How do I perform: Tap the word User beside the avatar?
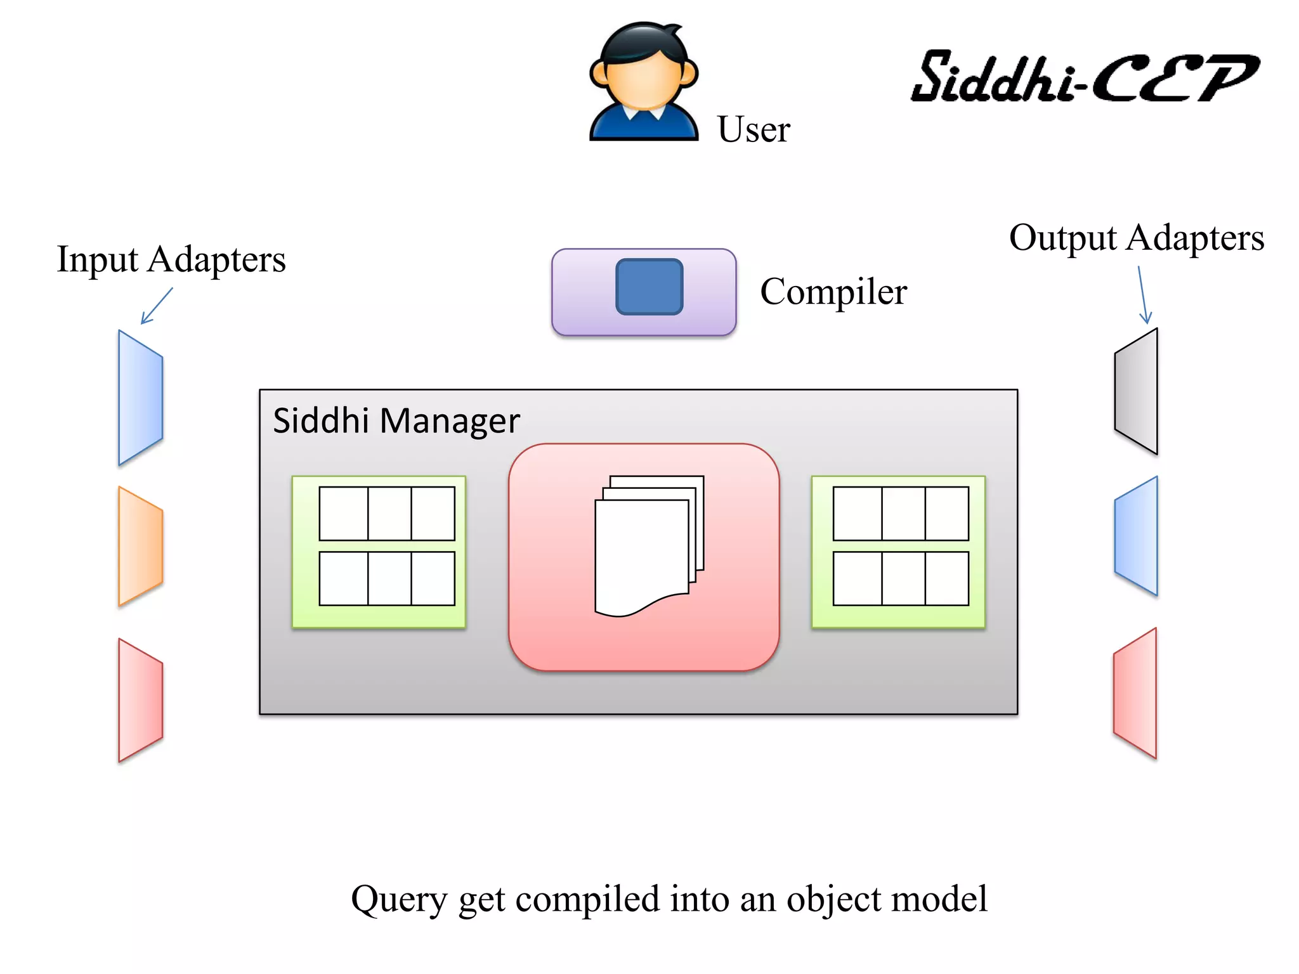tap(753, 129)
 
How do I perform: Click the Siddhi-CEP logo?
tap(1085, 77)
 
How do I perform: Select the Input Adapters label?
tap(171, 259)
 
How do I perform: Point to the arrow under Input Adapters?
tap(156, 306)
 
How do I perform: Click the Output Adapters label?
tap(1136, 238)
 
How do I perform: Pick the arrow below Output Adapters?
tap(1143, 295)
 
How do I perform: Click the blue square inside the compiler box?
tap(649, 287)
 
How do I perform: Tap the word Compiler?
tap(833, 292)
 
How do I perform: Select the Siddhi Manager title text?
tap(396, 421)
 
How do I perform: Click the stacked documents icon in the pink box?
tap(648, 545)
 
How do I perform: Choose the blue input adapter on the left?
tap(140, 398)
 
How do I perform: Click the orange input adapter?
tap(140, 546)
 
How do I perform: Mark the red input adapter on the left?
tap(140, 699)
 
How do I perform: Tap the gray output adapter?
tap(1137, 391)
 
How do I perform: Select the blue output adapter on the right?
tap(1137, 536)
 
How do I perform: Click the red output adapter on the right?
tap(1135, 693)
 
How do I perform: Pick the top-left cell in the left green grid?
tap(343, 514)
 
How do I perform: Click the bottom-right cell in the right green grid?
tap(946, 578)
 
